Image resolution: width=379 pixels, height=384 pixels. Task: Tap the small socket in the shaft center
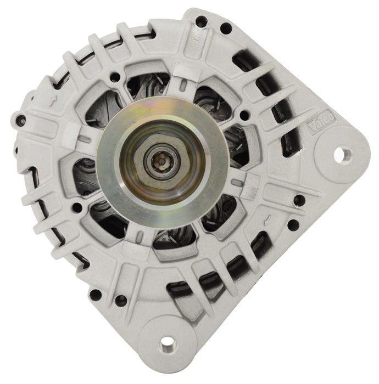coord(160,162)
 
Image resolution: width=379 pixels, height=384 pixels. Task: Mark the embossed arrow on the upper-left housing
coord(53,100)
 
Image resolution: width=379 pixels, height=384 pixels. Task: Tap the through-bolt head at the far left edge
coord(21,120)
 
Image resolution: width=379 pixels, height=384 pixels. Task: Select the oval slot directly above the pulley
coord(183,84)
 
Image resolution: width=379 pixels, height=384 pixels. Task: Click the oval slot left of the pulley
coord(85,139)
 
